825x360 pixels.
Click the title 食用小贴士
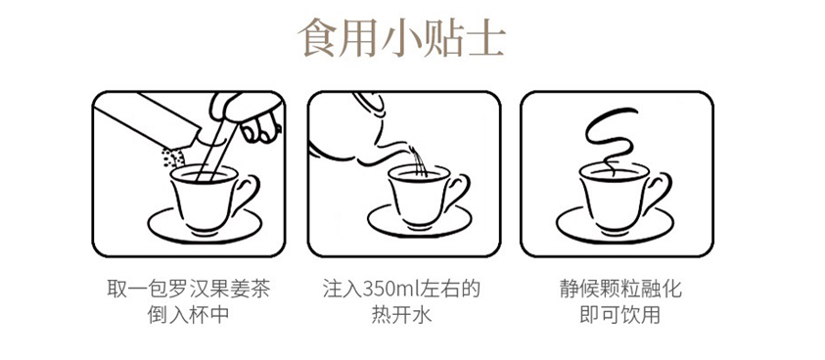[401, 38]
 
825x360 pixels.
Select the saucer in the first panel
[205, 226]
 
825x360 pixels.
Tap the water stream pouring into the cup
[419, 161]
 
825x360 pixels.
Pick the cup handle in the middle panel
[458, 191]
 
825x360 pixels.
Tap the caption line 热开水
[401, 315]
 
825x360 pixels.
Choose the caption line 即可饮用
[619, 315]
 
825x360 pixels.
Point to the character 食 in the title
[317, 38]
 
